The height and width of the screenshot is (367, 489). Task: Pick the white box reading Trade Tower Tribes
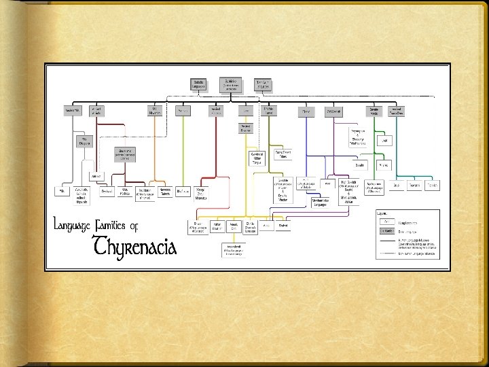coord(288,154)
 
